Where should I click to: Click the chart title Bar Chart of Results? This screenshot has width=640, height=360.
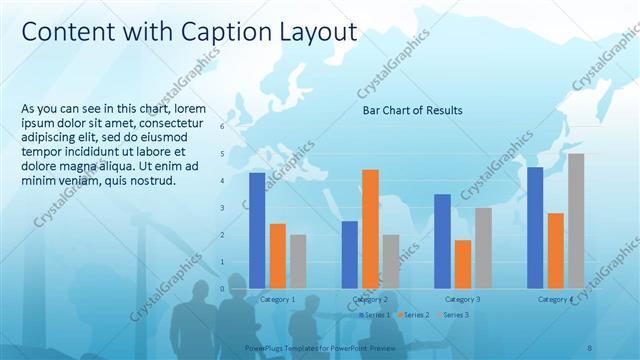[412, 110]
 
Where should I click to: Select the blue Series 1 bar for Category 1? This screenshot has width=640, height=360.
[257, 230]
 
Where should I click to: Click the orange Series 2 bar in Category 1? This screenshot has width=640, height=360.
[277, 255]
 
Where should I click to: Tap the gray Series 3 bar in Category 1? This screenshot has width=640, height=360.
[298, 261]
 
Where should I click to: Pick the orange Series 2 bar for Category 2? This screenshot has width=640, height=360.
[370, 228]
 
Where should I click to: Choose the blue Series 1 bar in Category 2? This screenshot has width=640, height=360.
[350, 254]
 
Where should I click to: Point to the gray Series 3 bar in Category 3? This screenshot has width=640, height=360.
[483, 247]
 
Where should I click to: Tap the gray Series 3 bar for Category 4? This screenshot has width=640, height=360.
[576, 221]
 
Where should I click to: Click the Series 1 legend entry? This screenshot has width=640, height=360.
[375, 315]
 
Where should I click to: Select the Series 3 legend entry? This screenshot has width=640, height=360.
[453, 315]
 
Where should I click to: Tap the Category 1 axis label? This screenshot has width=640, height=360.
[277, 299]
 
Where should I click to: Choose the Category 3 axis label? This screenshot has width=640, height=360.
[462, 299]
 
